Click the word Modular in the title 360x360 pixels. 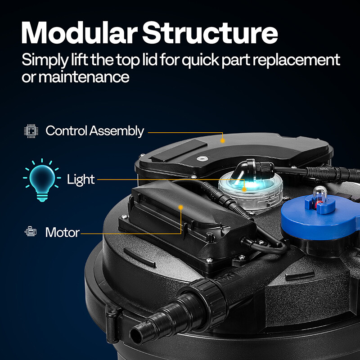point(78,33)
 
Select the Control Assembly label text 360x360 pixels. point(94,131)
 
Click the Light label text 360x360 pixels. point(81,180)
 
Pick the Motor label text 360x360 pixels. point(62,233)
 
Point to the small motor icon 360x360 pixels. point(31,232)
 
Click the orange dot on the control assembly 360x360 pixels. point(223,140)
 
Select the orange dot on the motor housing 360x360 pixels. point(181,207)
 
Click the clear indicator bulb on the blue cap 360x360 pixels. point(319,193)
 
